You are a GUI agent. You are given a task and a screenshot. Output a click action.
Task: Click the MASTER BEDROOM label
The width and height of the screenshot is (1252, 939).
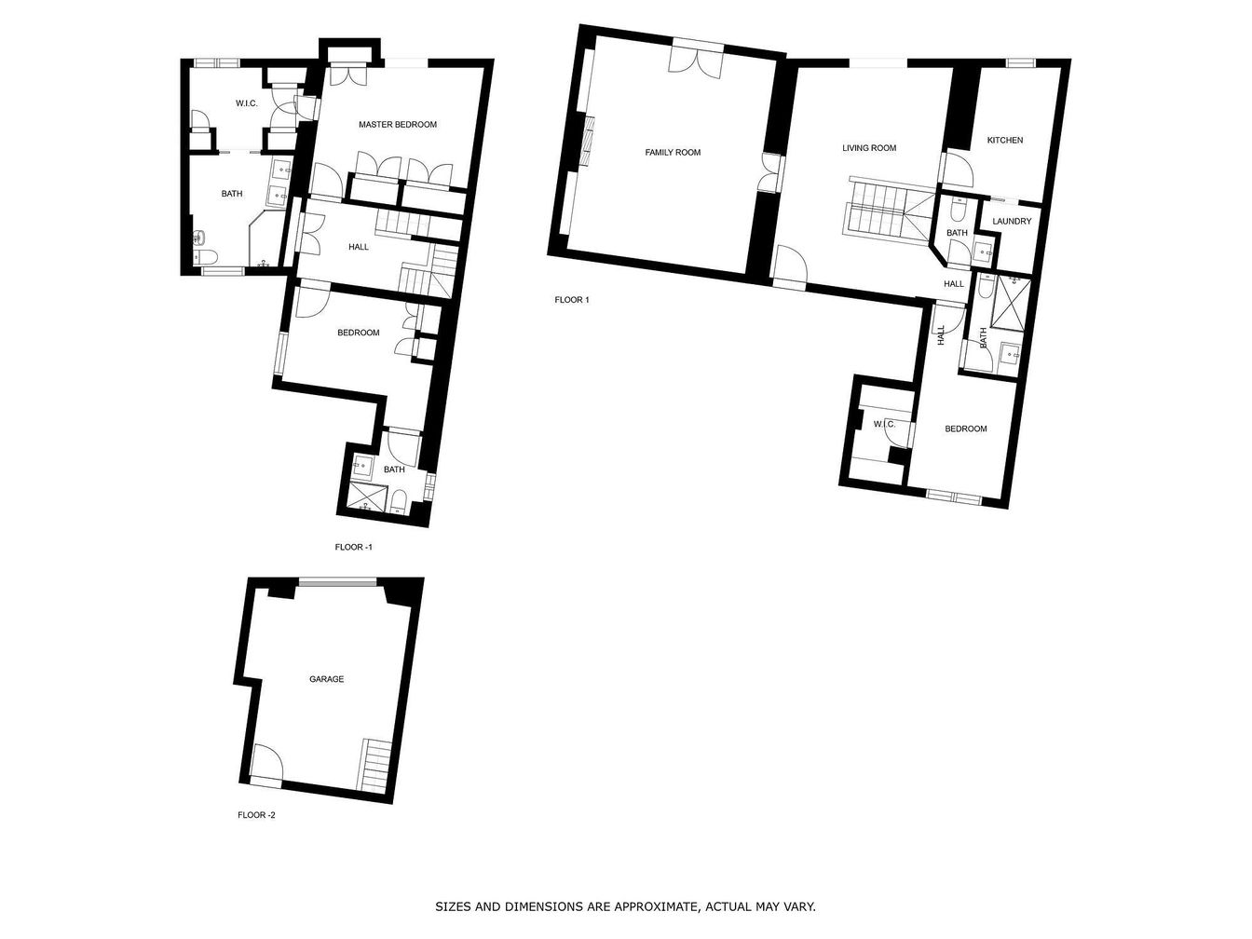(398, 124)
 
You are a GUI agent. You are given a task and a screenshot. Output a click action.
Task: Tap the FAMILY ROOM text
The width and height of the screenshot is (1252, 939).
(673, 152)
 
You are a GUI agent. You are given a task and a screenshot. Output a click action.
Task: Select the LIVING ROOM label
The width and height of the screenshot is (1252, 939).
(869, 148)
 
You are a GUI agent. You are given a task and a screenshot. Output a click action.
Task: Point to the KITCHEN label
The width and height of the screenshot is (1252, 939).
(1004, 140)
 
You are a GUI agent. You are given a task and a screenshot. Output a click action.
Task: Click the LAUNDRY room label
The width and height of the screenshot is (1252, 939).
(1012, 221)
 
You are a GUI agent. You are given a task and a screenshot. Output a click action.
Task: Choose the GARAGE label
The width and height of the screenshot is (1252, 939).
(326, 679)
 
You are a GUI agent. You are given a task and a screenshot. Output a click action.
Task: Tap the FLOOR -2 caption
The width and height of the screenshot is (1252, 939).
(256, 815)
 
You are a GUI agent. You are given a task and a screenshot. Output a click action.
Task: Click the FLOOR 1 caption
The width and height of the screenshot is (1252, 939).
(572, 300)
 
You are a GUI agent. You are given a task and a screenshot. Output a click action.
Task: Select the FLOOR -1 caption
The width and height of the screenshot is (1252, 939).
(353, 548)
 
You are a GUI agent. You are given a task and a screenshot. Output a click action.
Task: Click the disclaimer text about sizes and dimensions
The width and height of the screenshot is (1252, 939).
(625, 906)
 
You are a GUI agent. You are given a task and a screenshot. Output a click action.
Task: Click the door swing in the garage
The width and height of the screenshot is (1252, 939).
(266, 760)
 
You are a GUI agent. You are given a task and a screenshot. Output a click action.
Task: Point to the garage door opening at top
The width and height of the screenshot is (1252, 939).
(338, 582)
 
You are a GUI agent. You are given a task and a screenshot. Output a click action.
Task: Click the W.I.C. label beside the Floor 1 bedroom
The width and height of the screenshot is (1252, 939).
(884, 424)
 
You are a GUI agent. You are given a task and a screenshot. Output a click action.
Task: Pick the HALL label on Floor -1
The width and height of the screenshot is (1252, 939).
(359, 247)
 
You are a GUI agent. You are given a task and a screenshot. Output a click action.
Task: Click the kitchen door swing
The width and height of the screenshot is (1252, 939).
(958, 170)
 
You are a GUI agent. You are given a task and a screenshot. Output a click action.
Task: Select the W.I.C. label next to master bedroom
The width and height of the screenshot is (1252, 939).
(247, 103)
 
